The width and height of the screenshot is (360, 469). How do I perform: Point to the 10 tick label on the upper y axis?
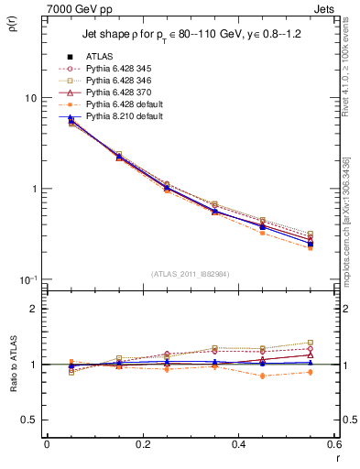click(x=30, y=98)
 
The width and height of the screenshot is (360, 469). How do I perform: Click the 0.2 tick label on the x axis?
click(x=142, y=443)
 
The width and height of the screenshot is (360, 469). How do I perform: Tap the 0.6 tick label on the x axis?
click(x=333, y=443)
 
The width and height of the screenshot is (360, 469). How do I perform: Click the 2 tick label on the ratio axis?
click(x=35, y=309)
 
